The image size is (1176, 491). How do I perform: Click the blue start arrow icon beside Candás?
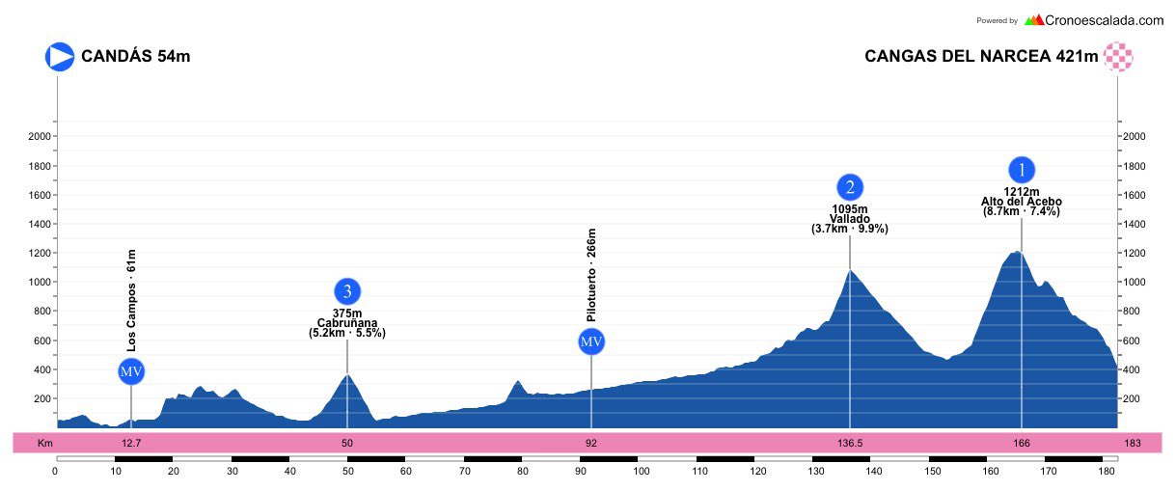tap(60, 56)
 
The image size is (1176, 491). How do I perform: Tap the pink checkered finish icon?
tap(1118, 56)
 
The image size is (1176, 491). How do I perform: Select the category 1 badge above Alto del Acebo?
tap(1022, 170)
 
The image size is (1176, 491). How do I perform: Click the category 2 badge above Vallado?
tap(850, 187)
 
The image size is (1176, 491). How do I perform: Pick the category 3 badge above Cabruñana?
tap(347, 291)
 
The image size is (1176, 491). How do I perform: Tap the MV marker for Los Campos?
tap(131, 372)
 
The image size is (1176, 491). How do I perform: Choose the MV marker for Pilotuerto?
tap(591, 341)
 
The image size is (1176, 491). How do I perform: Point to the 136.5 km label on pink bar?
tap(850, 444)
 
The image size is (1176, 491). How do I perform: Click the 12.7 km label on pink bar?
tap(131, 444)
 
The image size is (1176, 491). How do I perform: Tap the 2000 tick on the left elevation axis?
tap(39, 137)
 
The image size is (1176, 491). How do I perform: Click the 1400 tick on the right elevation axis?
tap(1135, 225)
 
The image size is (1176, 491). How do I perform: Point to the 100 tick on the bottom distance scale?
tap(641, 472)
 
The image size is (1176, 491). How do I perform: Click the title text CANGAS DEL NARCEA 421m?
tap(981, 56)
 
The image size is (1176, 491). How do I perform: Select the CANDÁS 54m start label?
tap(136, 56)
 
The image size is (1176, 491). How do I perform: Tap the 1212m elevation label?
tap(1022, 192)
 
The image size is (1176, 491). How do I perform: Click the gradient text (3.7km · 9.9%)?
tap(850, 230)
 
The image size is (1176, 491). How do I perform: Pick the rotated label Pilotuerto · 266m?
tap(591, 275)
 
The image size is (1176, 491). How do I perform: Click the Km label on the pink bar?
tap(43, 444)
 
